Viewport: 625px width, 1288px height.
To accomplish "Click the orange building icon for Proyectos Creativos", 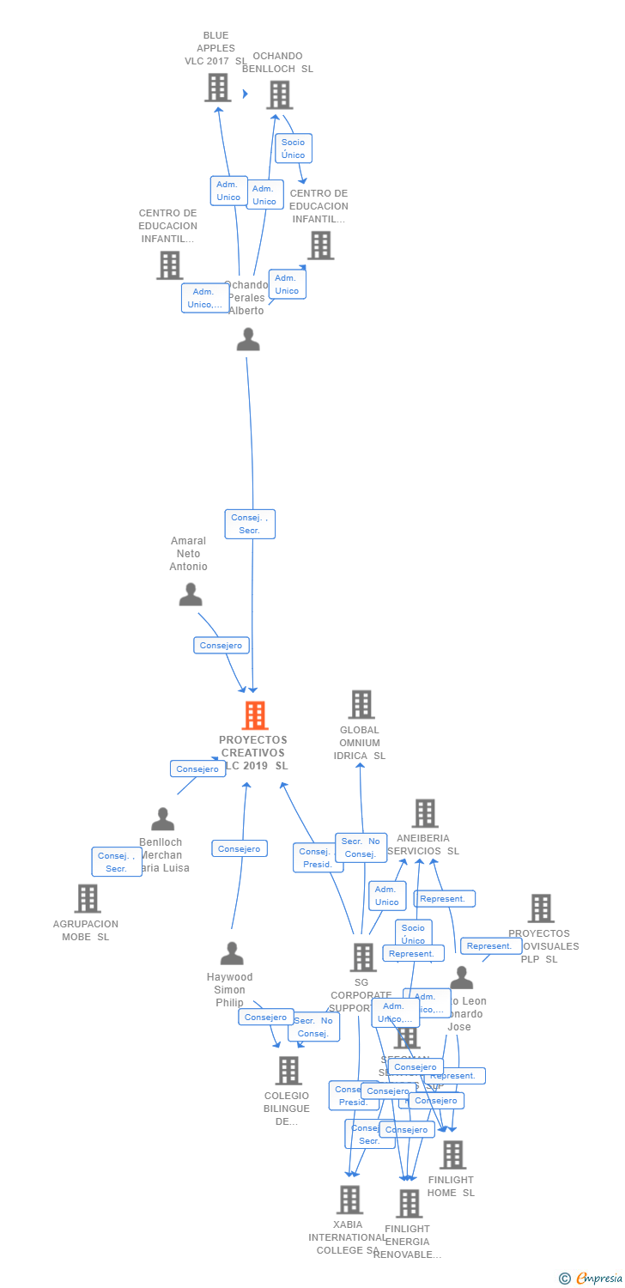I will [x=254, y=715].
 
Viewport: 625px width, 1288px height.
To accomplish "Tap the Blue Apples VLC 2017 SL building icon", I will [x=218, y=88].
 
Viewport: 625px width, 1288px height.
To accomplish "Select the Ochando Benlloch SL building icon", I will [x=279, y=95].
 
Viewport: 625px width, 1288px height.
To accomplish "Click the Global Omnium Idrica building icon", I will [x=361, y=705].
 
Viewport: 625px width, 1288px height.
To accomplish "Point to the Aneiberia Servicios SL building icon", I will [x=424, y=813].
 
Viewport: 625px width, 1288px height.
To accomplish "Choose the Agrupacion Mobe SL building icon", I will [x=87, y=899].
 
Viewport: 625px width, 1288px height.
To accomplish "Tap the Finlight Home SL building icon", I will [x=452, y=1155].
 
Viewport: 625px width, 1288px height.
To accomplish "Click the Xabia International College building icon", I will [x=349, y=1200].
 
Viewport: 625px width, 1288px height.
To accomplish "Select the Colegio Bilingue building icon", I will [x=288, y=1070].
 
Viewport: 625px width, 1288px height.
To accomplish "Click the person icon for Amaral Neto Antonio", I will [x=190, y=594].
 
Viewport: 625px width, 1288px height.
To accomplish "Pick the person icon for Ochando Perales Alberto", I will [x=248, y=340].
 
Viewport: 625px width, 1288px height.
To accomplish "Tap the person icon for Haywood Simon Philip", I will [x=231, y=954].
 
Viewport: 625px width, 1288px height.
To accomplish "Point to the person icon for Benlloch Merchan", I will [x=162, y=820].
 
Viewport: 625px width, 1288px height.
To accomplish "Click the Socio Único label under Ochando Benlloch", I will [x=293, y=149].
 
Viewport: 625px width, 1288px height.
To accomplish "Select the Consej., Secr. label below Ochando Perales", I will [x=250, y=524].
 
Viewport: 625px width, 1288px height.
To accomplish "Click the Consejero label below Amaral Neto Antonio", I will [x=221, y=646].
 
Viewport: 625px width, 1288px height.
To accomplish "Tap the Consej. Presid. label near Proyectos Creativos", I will [x=318, y=858].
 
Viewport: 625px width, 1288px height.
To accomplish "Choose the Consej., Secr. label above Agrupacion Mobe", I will [x=116, y=862].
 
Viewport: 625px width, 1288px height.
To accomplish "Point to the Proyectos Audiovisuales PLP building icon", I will [x=540, y=908].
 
